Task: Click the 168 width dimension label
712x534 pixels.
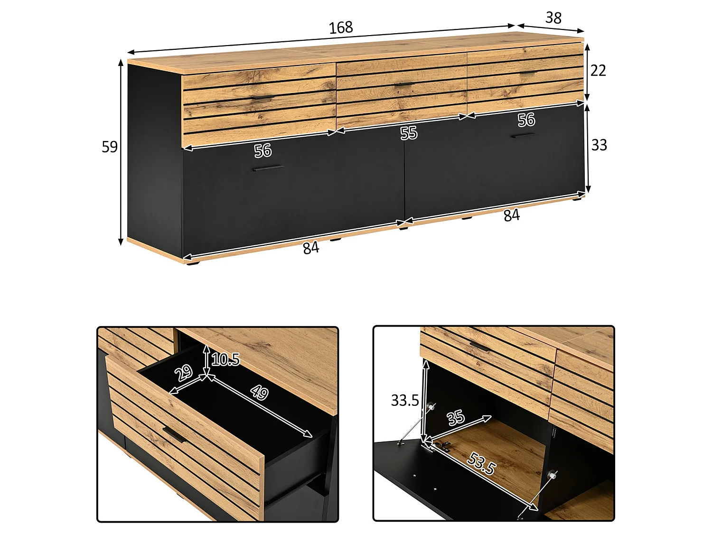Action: [x=341, y=28]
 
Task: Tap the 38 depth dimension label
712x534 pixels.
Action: [x=553, y=18]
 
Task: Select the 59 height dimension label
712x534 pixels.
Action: [x=109, y=147]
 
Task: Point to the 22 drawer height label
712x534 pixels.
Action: [x=598, y=70]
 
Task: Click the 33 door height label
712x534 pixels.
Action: [x=599, y=145]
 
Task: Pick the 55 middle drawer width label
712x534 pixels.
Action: [x=408, y=133]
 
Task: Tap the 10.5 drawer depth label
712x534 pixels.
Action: [x=225, y=359]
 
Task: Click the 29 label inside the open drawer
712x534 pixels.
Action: [x=184, y=373]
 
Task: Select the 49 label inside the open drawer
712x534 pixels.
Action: [x=260, y=393]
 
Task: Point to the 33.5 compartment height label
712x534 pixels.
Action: [x=405, y=401]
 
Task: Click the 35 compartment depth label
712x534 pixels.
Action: [x=456, y=418]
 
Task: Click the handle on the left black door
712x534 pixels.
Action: [x=269, y=168]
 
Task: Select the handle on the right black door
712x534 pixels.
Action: [x=524, y=135]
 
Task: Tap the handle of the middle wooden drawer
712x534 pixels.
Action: [x=404, y=84]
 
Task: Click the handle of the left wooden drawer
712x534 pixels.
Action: [x=263, y=97]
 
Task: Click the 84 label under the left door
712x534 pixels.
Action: [x=311, y=248]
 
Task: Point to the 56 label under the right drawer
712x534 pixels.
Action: [x=526, y=120]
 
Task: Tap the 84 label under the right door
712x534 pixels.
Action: [x=512, y=215]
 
